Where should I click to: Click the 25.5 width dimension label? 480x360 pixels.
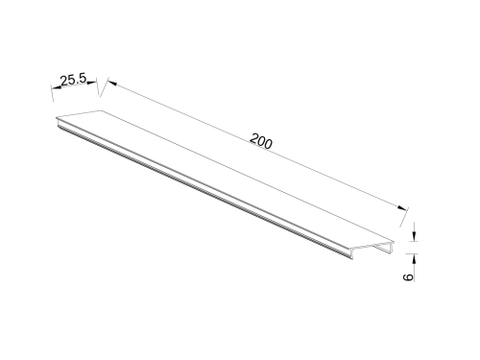pos(74,80)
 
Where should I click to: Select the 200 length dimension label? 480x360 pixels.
pos(261,141)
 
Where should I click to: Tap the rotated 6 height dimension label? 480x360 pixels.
pos(407,277)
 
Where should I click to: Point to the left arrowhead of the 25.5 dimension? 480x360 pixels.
pos(57,87)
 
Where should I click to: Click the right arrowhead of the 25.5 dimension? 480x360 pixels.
pos(92,83)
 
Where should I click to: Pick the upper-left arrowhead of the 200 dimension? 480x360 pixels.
pos(111,84)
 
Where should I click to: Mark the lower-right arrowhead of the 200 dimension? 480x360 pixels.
pos(402,207)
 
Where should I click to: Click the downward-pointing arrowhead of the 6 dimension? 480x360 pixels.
pos(415,237)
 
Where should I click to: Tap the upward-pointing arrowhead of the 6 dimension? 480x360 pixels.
pos(415,258)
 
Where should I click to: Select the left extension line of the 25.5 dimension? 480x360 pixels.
pos(52,93)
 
